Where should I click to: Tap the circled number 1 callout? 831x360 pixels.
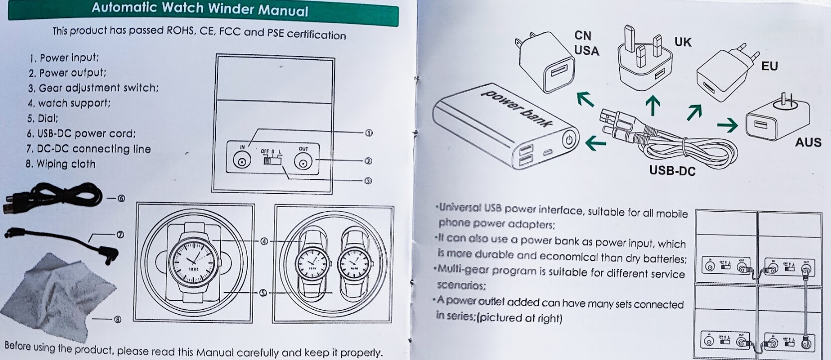(369, 133)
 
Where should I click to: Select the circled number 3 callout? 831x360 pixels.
(368, 181)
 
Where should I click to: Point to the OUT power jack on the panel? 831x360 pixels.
(303, 162)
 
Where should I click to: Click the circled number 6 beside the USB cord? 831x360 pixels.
(121, 198)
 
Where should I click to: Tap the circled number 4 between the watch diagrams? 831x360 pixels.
(264, 241)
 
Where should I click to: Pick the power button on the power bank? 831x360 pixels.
(569, 140)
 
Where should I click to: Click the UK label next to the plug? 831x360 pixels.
(683, 42)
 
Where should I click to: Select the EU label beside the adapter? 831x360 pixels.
(769, 66)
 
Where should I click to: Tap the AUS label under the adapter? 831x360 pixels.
(808, 143)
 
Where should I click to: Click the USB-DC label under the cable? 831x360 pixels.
(672, 171)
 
